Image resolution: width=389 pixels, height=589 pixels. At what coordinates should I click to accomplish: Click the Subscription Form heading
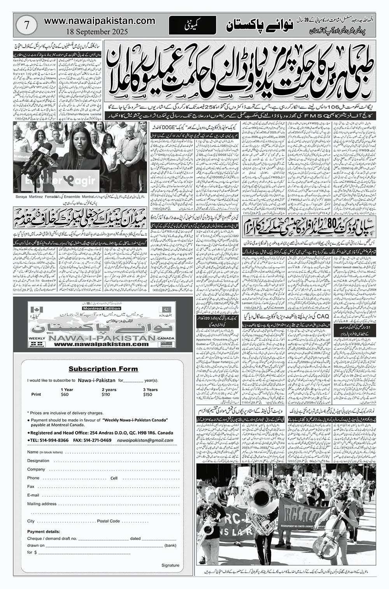tap(103, 369)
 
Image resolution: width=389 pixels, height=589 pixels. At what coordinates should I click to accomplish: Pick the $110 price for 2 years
tap(105, 394)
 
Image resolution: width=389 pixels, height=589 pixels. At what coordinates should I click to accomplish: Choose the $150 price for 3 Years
tap(148, 394)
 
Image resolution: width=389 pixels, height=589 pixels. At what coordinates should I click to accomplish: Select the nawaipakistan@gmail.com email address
tap(150, 440)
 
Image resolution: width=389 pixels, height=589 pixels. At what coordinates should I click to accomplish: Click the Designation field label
tap(38, 460)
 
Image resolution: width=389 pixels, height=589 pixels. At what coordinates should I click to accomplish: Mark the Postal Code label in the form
tap(109, 521)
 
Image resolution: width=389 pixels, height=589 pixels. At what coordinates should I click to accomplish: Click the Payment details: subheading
tap(44, 532)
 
